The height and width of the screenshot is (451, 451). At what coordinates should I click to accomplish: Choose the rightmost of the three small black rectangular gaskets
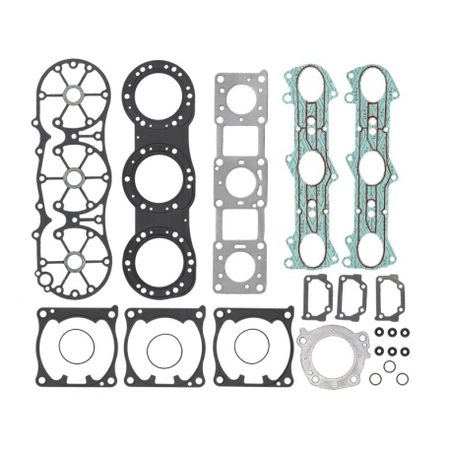coord(391,292)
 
